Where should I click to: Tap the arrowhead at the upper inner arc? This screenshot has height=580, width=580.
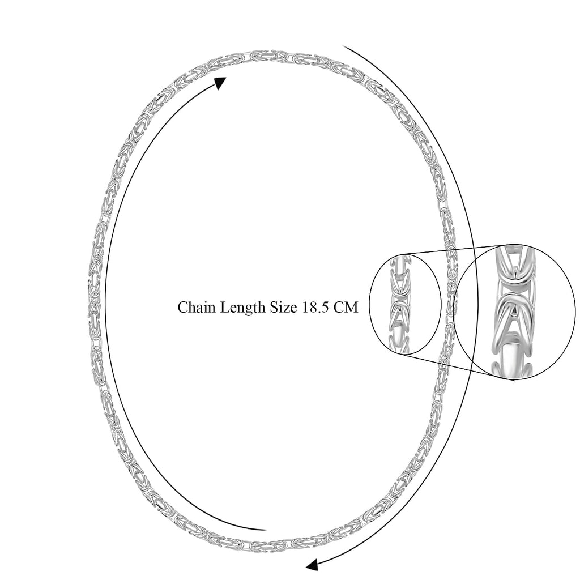coord(221,83)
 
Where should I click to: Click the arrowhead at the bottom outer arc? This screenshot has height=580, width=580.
coord(312,565)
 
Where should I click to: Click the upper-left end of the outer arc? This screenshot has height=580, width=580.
coord(343,46)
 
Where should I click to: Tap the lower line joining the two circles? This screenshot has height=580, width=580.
coord(459,368)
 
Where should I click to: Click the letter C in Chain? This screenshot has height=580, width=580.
coord(183,307)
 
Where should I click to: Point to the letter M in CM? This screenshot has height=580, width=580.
coord(352,307)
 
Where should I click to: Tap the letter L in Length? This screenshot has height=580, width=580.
coord(225,307)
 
